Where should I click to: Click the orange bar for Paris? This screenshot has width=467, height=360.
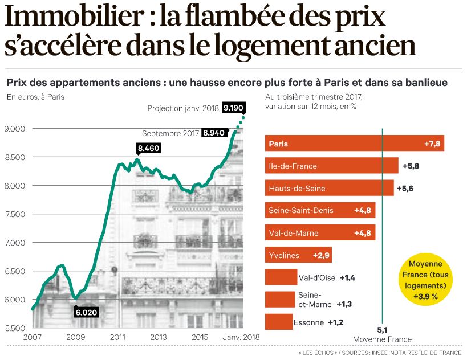point(354,144)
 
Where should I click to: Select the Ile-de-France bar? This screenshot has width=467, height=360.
point(331,166)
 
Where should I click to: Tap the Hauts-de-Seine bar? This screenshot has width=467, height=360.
point(329,188)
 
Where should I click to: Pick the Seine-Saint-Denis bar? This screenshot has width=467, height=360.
point(320,210)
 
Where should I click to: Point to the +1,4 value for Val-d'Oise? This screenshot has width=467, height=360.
point(348,277)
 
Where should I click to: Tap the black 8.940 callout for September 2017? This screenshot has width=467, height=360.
point(214,133)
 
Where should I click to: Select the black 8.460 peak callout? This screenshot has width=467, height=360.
point(148,149)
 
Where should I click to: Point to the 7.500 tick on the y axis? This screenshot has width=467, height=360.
point(16,214)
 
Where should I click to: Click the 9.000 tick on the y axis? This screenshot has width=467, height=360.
point(16,129)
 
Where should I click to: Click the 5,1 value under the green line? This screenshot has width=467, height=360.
point(382,329)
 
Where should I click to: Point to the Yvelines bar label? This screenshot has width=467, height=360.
point(283,255)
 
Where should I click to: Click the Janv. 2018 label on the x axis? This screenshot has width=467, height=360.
point(241,337)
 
